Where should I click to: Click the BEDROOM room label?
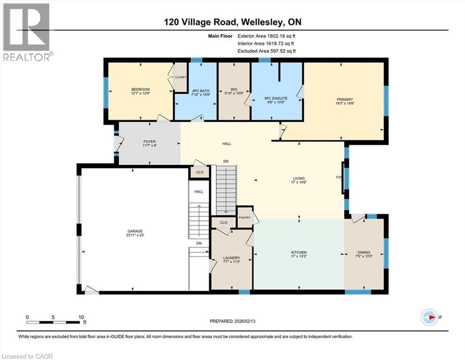coord(140,90)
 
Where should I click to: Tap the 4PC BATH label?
coord(195,90)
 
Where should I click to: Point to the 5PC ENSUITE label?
coord(276,98)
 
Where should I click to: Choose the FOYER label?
coord(149,142)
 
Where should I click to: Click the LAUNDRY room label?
coord(231,258)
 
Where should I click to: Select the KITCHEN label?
coord(299,253)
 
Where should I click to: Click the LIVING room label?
coord(299,179)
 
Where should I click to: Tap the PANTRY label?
coord(245,217)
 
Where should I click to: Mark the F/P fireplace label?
coord(339,178)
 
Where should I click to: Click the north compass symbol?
coord(429,317)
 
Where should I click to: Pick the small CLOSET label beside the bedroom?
coord(180,77)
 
